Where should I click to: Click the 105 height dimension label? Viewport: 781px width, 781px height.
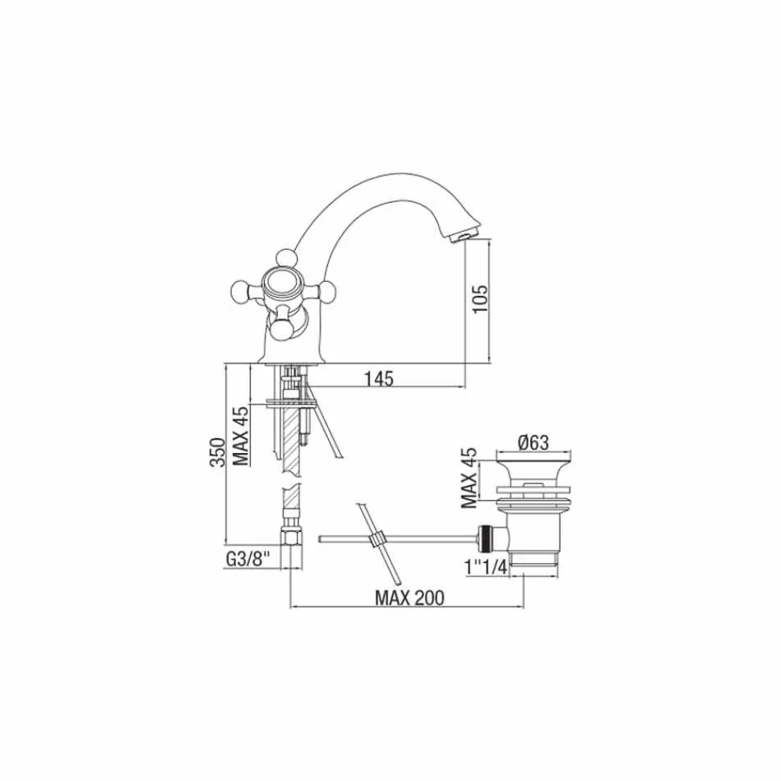[x=481, y=299]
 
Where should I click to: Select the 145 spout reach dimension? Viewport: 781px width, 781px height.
[x=379, y=379]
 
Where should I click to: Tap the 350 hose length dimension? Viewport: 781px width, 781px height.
[x=217, y=452]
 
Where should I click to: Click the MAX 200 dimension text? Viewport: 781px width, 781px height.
[x=409, y=597]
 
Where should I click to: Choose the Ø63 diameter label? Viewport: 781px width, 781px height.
[x=533, y=442]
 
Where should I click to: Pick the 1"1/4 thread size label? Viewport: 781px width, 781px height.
[x=485, y=567]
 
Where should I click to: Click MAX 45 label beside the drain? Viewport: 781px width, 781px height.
[x=469, y=478]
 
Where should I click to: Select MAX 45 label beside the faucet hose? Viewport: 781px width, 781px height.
[x=241, y=437]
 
